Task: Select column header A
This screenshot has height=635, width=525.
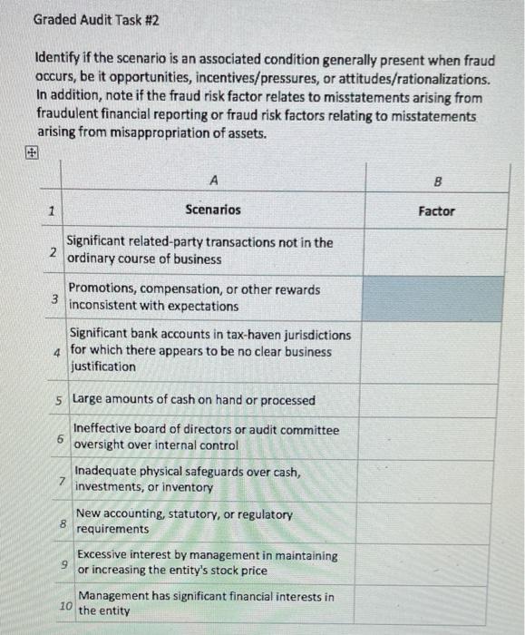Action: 213,181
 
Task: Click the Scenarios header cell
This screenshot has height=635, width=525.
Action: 213,210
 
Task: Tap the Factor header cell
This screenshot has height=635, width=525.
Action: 437,210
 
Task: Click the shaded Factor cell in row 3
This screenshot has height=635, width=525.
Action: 437,298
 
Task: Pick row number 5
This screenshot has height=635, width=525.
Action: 58,400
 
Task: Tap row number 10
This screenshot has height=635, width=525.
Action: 65,604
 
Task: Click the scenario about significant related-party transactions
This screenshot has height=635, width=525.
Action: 199,250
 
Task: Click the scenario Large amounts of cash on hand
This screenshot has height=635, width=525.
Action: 194,400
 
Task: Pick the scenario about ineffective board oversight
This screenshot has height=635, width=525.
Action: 206,437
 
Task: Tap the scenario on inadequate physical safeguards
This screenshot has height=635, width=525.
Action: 188,479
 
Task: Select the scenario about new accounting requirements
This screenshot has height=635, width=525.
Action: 184,521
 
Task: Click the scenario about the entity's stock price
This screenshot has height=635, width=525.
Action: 207,562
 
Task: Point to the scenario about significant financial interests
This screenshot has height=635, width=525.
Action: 206,603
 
